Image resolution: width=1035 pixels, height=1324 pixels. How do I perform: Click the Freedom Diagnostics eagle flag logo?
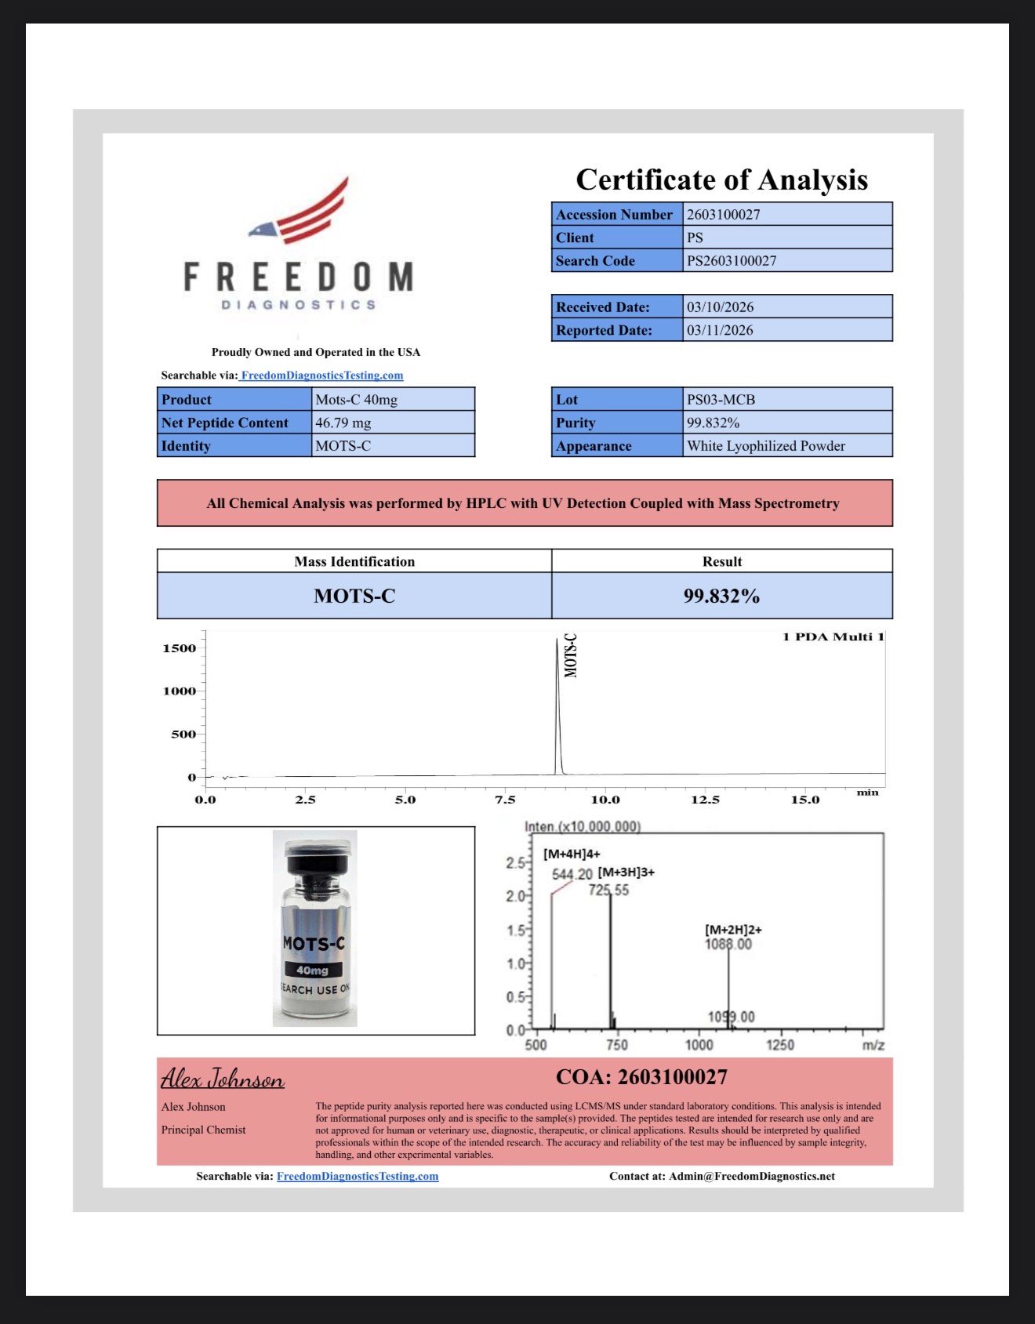click(x=302, y=212)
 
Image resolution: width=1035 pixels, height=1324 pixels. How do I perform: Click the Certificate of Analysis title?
click(x=721, y=180)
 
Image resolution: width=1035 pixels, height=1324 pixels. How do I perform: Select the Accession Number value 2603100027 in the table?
click(x=723, y=215)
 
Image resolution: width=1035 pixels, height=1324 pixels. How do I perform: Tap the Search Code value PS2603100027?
click(x=732, y=261)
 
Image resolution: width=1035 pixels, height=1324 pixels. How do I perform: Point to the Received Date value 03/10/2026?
click(x=720, y=307)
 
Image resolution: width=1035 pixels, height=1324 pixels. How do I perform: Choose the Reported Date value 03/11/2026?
click(x=720, y=331)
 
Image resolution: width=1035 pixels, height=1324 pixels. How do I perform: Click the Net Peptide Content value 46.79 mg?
click(x=343, y=423)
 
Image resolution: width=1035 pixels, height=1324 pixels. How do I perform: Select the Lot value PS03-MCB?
click(x=721, y=400)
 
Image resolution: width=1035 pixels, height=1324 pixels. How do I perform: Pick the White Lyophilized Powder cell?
click(x=765, y=446)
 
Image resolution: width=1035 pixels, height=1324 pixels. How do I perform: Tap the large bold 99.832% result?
click(x=721, y=597)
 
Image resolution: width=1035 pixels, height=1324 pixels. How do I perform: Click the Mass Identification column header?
click(x=354, y=561)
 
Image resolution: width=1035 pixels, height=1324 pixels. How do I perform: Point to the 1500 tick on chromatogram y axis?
click(x=180, y=648)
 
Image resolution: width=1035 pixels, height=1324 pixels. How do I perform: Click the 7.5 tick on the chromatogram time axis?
click(x=505, y=800)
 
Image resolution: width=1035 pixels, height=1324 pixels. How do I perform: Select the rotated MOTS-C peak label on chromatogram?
click(x=571, y=655)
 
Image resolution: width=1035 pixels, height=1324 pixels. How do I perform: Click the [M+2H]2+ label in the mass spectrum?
click(x=733, y=930)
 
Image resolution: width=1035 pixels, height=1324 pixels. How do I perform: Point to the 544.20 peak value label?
click(x=572, y=875)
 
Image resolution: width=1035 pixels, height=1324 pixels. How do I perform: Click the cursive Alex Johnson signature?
click(x=223, y=1079)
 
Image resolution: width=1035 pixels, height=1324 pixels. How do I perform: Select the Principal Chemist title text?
click(x=203, y=1130)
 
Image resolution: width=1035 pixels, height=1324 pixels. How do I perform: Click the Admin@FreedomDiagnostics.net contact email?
click(x=751, y=1176)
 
